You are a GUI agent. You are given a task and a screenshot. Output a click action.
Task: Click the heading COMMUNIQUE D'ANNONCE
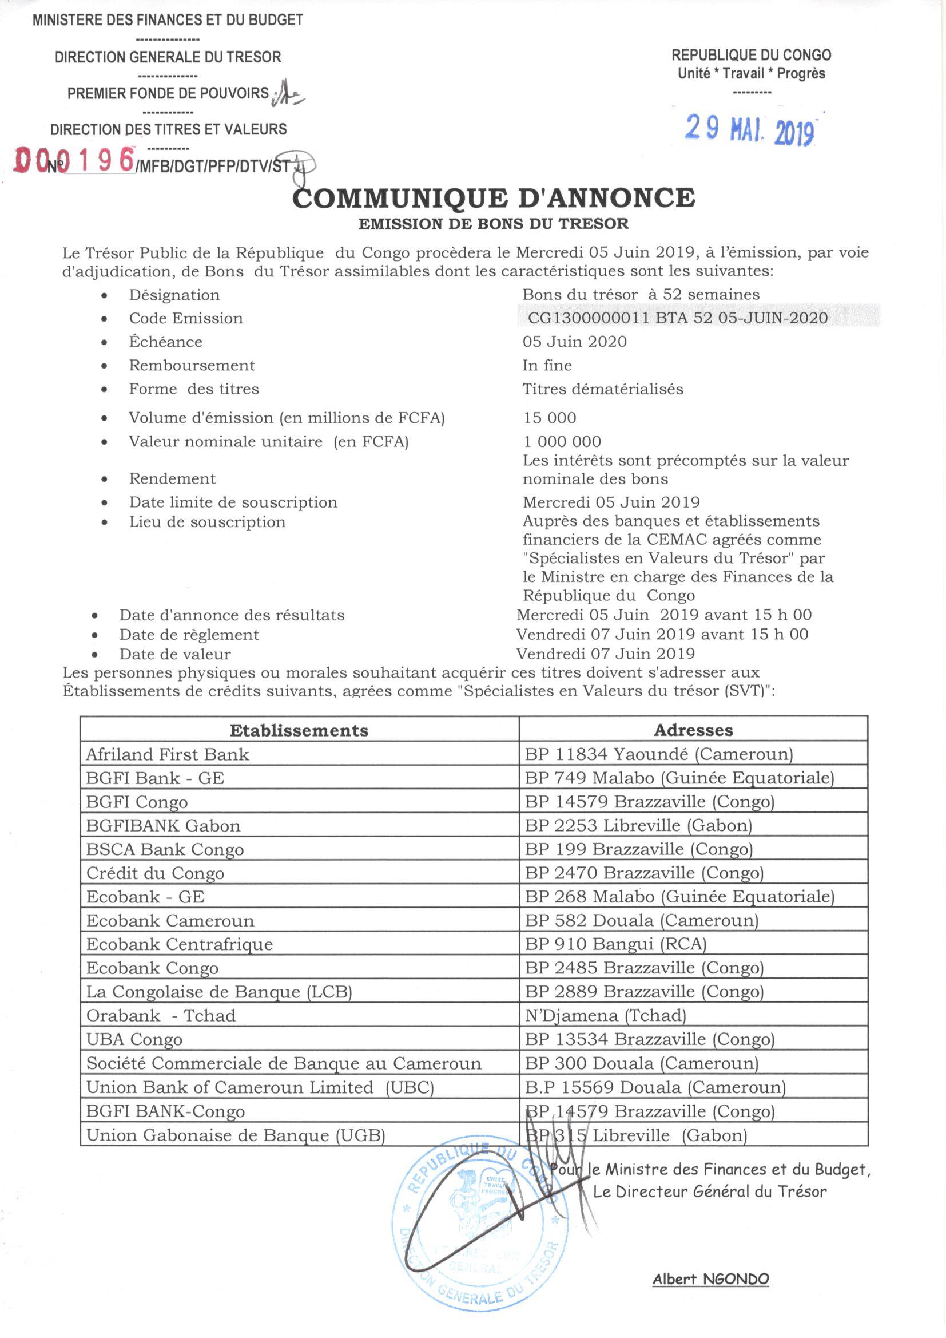click(x=494, y=198)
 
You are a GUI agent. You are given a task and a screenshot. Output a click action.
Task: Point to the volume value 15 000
click(x=549, y=418)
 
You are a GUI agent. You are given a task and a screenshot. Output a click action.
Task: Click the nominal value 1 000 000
click(x=562, y=442)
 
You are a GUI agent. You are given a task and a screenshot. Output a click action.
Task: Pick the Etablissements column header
click(x=299, y=730)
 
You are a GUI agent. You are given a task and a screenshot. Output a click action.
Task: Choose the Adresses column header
click(x=693, y=730)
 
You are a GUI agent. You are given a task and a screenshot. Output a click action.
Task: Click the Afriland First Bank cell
click(x=168, y=755)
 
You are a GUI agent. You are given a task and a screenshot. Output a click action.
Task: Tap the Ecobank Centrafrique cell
click(x=180, y=944)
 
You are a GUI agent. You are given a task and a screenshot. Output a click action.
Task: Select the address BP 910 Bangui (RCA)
click(x=615, y=944)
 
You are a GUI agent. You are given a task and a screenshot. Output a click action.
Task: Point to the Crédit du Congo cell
click(x=155, y=873)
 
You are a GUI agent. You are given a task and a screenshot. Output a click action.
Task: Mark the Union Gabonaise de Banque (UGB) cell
click(x=236, y=1135)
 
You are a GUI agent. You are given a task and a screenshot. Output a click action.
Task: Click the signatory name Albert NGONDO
click(x=711, y=1279)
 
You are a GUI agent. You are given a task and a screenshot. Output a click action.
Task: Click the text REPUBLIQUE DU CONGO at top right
click(x=752, y=56)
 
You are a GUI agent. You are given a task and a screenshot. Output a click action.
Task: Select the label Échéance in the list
click(x=165, y=342)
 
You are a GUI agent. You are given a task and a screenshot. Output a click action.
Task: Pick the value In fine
click(x=547, y=365)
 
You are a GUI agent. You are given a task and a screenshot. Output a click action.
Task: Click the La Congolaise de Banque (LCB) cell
click(x=219, y=992)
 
